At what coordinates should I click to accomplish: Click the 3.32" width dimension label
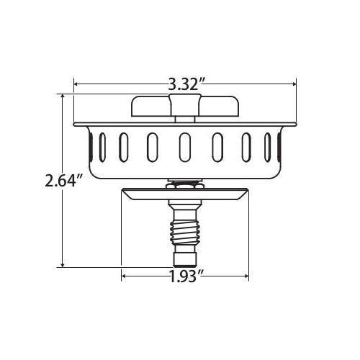click(186, 84)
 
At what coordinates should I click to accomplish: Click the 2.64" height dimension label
click(64, 181)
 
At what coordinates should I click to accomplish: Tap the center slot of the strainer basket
click(185, 147)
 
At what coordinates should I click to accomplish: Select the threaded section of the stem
click(184, 233)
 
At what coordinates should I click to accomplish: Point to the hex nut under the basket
click(184, 185)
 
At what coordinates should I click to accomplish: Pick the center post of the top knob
click(184, 105)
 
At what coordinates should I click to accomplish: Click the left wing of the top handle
click(151, 107)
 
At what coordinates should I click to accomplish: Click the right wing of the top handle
click(218, 107)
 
